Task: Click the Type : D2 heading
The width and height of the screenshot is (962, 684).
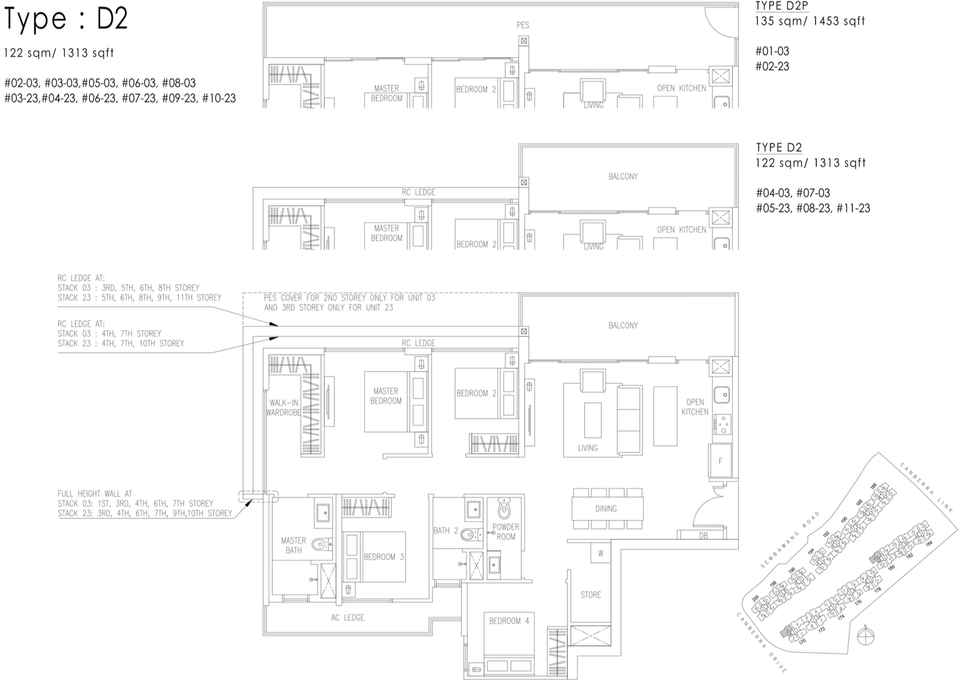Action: coord(65,19)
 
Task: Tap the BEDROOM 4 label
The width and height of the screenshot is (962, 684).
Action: coord(509,621)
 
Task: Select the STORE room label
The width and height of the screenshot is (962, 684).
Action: coord(590,594)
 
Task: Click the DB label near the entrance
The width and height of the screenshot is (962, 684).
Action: coord(703,535)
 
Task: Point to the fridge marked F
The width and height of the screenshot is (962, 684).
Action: coord(720,461)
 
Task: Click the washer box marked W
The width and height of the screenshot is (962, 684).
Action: coord(600,553)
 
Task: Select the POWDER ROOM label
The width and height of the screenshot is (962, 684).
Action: coord(505,532)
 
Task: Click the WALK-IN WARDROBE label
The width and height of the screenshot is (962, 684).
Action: coord(283,407)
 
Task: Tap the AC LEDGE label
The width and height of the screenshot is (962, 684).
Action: coord(347,617)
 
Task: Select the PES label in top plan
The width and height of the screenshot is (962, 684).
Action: coord(523,25)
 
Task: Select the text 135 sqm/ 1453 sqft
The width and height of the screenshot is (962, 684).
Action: coord(810,21)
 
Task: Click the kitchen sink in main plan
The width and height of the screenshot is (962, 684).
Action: coord(722,394)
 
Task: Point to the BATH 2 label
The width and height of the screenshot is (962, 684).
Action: coord(445,531)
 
